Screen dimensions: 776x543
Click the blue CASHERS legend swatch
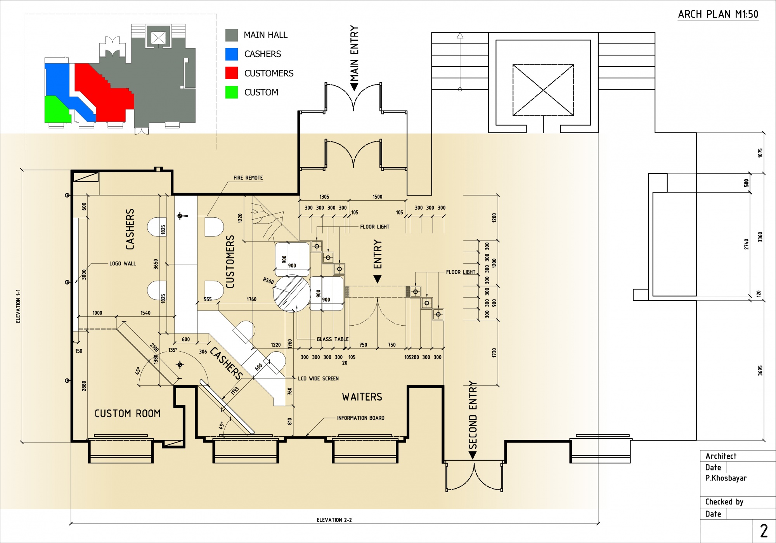coord(232,54)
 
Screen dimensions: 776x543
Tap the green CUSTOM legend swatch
coord(232,92)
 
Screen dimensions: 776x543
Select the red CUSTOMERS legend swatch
coord(232,73)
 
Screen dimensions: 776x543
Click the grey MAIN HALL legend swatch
coord(232,35)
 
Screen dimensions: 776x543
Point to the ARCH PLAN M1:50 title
coord(718,14)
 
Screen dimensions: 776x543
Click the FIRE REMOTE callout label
coord(248,178)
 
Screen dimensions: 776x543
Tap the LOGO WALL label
coord(123,264)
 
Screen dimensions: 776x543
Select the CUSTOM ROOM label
coord(128,414)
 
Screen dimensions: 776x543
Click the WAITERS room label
coord(362,397)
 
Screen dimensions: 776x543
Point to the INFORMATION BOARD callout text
coord(360,418)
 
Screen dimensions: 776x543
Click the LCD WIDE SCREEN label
coord(318,378)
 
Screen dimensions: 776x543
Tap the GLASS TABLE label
coord(333,339)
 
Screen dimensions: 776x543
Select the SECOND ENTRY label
coord(473,415)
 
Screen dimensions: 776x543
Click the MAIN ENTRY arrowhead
coord(354,87)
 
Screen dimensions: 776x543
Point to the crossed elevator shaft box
coord(543,90)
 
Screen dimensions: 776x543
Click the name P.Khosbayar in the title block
coord(726,478)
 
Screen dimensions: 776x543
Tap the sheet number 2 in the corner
coord(764,531)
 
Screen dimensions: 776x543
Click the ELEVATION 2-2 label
coord(334,520)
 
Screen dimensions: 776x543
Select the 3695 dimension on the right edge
coord(760,371)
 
